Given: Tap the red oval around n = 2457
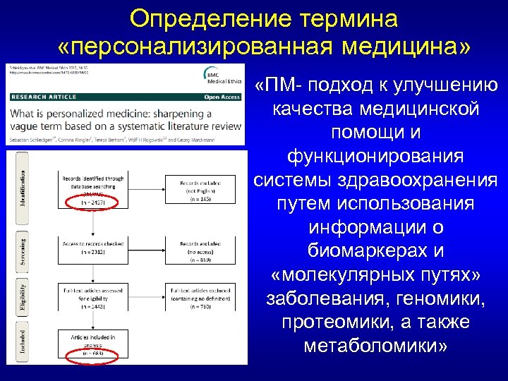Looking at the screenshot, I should point(92,202).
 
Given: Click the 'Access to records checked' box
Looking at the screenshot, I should point(92,248).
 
